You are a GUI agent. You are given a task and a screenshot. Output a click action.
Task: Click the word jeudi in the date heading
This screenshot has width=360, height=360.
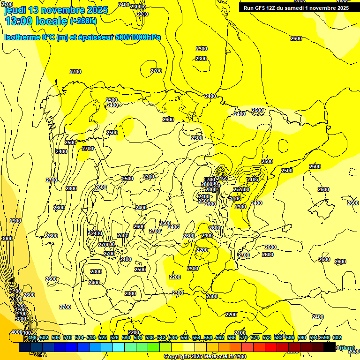[x=15, y=10]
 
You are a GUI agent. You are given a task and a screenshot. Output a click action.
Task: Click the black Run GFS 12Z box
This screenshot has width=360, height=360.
[x=296, y=7]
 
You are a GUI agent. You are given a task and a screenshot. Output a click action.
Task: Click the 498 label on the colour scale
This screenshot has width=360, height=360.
[x=32, y=338]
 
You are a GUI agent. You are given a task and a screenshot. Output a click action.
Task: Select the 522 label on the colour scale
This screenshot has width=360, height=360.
[x=103, y=338]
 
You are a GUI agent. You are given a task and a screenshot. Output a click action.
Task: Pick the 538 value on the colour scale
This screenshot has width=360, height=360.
[x=150, y=338]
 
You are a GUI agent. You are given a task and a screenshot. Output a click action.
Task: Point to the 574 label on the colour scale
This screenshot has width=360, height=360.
[x=255, y=338]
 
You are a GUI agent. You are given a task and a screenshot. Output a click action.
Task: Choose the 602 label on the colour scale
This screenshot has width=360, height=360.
[x=337, y=338]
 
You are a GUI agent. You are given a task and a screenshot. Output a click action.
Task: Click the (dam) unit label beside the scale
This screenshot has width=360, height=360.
[x=347, y=347]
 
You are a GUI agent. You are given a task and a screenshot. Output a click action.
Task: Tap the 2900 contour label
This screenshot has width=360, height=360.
[x=15, y=221]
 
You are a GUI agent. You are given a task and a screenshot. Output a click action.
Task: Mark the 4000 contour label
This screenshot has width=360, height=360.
[x=16, y=332]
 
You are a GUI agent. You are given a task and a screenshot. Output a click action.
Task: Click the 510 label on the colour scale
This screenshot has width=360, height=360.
[x=67, y=338]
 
